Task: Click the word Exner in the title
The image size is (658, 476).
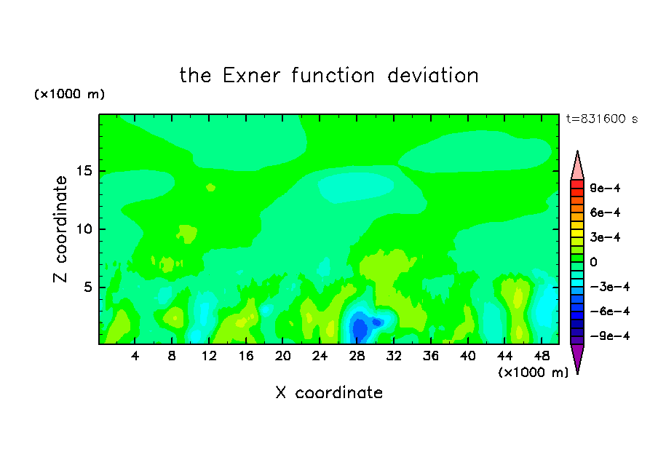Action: pos(251,76)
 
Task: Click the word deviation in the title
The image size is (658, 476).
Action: pos(432,76)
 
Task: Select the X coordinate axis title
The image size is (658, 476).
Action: pos(329,392)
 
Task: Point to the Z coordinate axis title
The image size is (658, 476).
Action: pos(60,229)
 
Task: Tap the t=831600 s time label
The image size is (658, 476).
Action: pos(602,119)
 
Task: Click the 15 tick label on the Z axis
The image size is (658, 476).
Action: pos(84,171)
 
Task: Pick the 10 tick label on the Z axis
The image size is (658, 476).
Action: pos(84,229)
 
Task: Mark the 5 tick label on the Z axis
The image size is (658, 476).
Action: pos(87,287)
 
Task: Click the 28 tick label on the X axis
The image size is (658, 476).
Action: pos(357,356)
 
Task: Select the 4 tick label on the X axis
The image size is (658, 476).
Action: pos(135,356)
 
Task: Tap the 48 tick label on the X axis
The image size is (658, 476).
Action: pos(542,356)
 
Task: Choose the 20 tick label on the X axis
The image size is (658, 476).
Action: pos(282,356)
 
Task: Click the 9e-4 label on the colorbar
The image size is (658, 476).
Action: pos(605,188)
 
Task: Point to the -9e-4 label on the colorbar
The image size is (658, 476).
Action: pos(610,336)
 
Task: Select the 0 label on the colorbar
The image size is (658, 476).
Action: pos(593,262)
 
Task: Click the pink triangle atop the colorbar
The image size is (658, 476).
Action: pos(577,167)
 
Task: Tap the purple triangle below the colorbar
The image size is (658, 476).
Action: pos(577,357)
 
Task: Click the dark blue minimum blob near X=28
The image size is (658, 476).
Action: pos(360,330)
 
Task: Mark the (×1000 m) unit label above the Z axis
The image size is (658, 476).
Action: pos(69,94)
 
